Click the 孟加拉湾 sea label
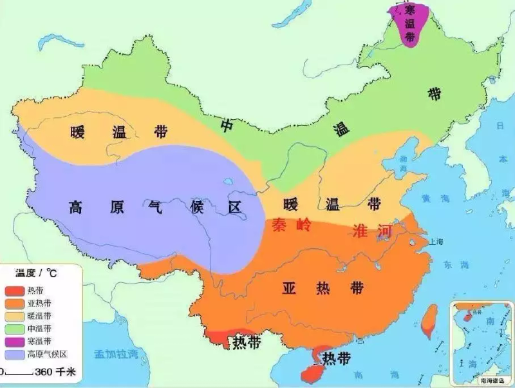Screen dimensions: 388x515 117,354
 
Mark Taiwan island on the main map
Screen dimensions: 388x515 428,320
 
